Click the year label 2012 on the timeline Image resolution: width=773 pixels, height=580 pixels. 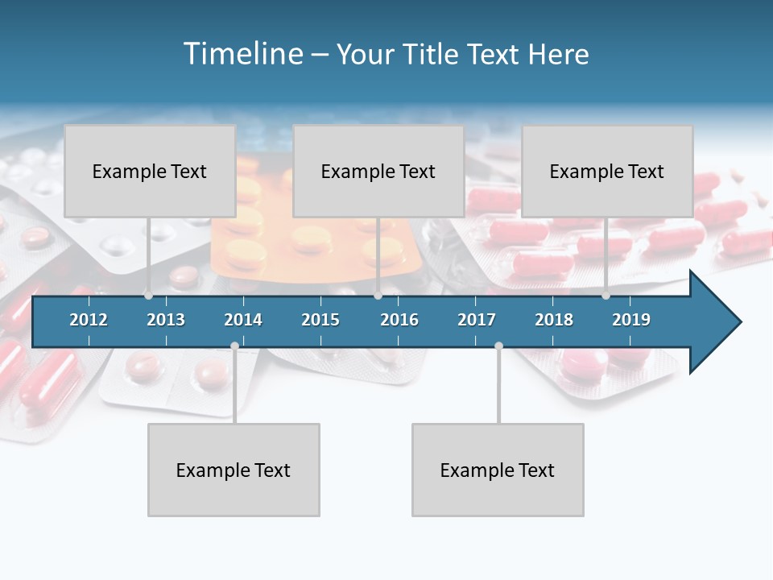tap(89, 320)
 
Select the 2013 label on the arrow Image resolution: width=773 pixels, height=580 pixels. tap(166, 320)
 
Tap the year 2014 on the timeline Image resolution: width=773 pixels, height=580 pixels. tap(243, 320)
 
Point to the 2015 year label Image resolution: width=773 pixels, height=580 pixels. tap(320, 320)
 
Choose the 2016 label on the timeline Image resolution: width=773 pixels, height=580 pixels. tap(399, 320)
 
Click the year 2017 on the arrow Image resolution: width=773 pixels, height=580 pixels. tap(477, 320)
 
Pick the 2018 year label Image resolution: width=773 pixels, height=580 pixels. tap(554, 320)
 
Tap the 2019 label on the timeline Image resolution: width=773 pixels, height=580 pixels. tap(631, 320)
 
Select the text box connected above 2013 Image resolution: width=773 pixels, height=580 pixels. tap(150, 171)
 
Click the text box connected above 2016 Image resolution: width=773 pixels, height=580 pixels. tap(378, 171)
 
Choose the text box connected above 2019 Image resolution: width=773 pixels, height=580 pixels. tap(607, 171)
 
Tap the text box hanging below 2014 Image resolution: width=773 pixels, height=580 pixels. tap(234, 470)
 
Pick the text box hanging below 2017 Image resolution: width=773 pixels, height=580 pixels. tap(498, 470)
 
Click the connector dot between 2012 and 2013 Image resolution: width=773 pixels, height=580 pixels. tap(148, 296)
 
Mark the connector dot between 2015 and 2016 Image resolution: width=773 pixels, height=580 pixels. tap(378, 296)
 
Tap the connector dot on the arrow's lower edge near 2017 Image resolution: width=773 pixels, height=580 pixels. tap(498, 346)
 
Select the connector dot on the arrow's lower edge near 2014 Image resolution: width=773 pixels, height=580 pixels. tap(234, 346)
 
